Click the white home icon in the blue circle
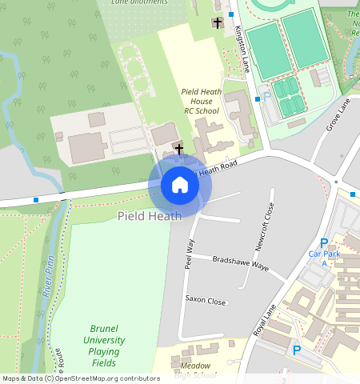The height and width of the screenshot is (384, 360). pyautogui.click(x=180, y=186)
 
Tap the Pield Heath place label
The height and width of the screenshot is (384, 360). pyautogui.click(x=150, y=216)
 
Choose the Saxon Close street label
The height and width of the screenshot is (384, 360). pyautogui.click(x=206, y=300)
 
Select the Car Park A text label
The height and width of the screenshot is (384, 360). pyautogui.click(x=324, y=258)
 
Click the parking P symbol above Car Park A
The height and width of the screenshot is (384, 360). pyautogui.click(x=324, y=243)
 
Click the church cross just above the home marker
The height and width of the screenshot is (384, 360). pyautogui.click(x=179, y=149)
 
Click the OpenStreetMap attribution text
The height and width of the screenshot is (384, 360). pyautogui.click(x=80, y=378)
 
